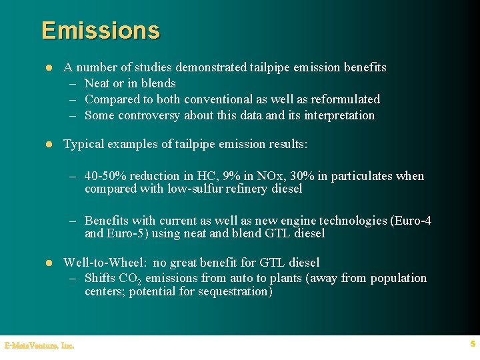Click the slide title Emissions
[101, 31]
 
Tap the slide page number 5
[473, 344]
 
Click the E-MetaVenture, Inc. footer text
[39, 345]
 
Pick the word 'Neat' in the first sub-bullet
[97, 83]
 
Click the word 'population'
[399, 278]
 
